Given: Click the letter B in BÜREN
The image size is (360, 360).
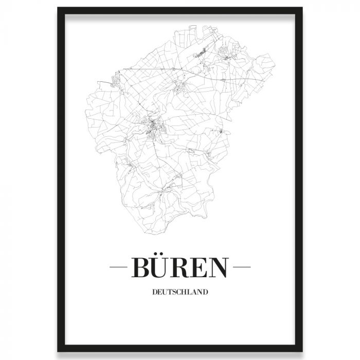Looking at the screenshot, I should [142, 268].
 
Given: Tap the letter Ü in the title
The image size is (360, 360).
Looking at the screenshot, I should [163, 268].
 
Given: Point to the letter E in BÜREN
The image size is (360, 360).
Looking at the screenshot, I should [202, 268].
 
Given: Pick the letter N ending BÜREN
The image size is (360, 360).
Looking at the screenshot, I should [220, 268].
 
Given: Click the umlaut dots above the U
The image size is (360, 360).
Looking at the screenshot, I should [163, 256].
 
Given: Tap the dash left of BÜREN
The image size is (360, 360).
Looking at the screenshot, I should [119, 268].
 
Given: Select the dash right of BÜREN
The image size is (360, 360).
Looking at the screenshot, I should [241, 268].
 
